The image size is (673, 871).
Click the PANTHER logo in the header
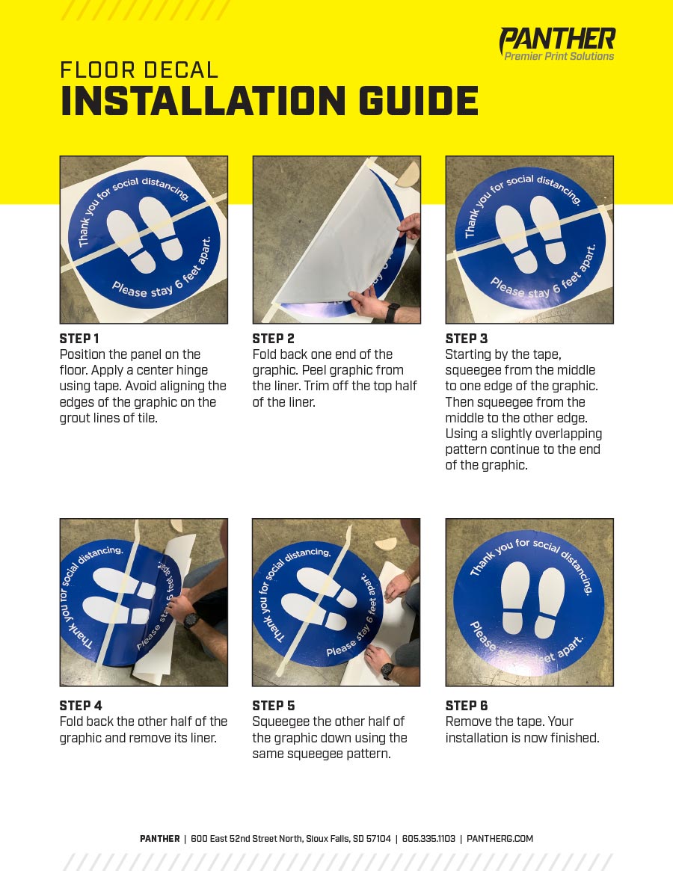557,43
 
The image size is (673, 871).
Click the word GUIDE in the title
419,100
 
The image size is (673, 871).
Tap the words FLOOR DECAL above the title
139,70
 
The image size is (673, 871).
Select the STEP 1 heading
79,339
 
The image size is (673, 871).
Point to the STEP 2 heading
274,339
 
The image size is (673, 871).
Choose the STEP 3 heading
467,339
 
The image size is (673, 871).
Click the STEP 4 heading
81,706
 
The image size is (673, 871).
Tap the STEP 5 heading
274,706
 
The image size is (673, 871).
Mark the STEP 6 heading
467,706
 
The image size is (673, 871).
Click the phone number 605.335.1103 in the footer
428,839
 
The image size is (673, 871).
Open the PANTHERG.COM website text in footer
500,839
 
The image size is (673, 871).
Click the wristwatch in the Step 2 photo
392,313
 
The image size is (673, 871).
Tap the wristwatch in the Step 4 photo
191,620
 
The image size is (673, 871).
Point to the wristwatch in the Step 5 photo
388,671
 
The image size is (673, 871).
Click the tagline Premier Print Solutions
559,56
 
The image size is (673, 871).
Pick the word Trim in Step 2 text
316,386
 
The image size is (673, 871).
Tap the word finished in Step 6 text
574,738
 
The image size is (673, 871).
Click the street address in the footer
291,839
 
